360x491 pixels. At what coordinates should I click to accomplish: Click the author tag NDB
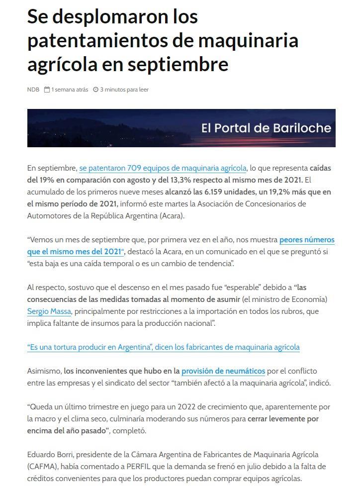(x=33, y=90)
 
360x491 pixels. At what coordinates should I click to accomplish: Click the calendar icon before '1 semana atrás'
(x=47, y=90)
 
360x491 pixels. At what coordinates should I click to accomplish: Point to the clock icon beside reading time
(x=96, y=90)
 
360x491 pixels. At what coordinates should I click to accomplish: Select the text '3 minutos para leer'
(x=124, y=90)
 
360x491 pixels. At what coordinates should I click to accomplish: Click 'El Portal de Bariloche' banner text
(x=266, y=128)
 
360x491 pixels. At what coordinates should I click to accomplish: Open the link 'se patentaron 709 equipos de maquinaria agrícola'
(x=163, y=168)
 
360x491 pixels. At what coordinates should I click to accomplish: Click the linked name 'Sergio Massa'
(x=49, y=311)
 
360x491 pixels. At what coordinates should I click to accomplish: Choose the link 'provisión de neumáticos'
(x=223, y=371)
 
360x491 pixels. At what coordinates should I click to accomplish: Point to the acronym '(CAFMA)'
(x=43, y=467)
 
